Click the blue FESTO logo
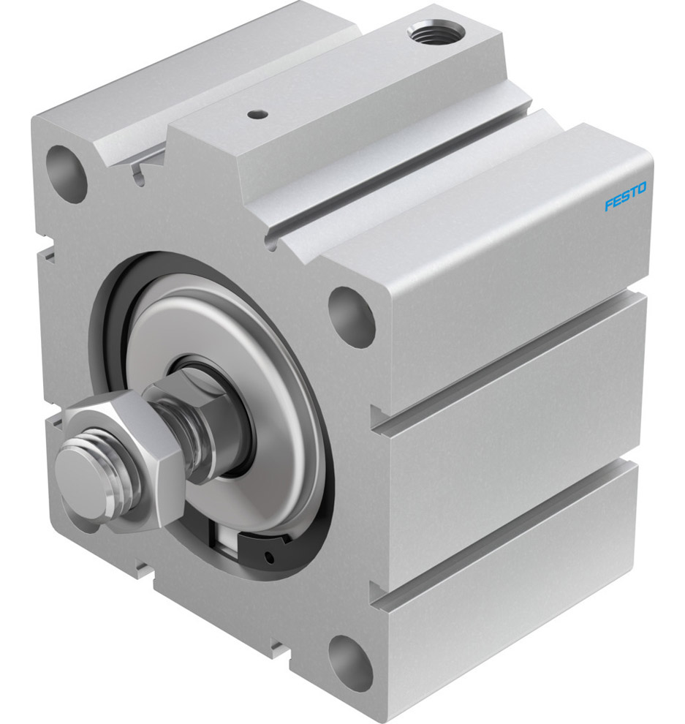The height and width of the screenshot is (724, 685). (625, 197)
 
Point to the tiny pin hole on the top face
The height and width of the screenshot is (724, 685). (256, 114)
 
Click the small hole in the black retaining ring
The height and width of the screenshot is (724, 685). (272, 558)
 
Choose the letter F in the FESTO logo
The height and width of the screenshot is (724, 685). (608, 205)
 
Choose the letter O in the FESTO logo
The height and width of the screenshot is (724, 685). (642, 189)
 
